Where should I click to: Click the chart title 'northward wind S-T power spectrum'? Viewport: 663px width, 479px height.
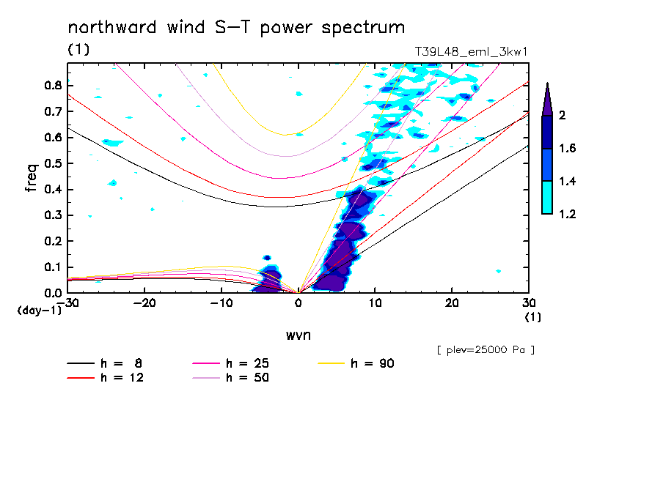point(235,28)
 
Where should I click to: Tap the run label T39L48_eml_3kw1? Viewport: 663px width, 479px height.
point(471,51)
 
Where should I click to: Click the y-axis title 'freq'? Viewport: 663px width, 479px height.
point(32,178)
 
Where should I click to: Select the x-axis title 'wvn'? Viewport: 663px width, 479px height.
point(298,335)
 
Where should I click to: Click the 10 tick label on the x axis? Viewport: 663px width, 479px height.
point(375,302)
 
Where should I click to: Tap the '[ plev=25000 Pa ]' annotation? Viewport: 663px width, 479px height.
point(486,350)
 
